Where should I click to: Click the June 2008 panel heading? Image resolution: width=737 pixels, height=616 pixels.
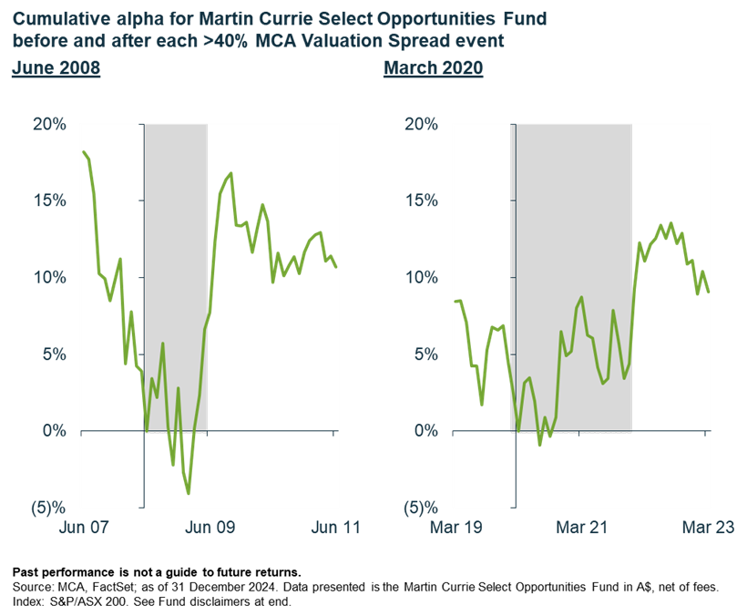pos(56,69)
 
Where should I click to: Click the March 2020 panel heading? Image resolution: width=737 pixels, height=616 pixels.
pos(433,69)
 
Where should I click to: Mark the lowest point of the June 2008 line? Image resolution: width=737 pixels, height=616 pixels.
pos(189,493)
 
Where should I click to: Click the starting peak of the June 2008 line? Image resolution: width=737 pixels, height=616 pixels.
pos(83,151)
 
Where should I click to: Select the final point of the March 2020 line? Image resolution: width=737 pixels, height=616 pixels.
pos(709,293)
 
